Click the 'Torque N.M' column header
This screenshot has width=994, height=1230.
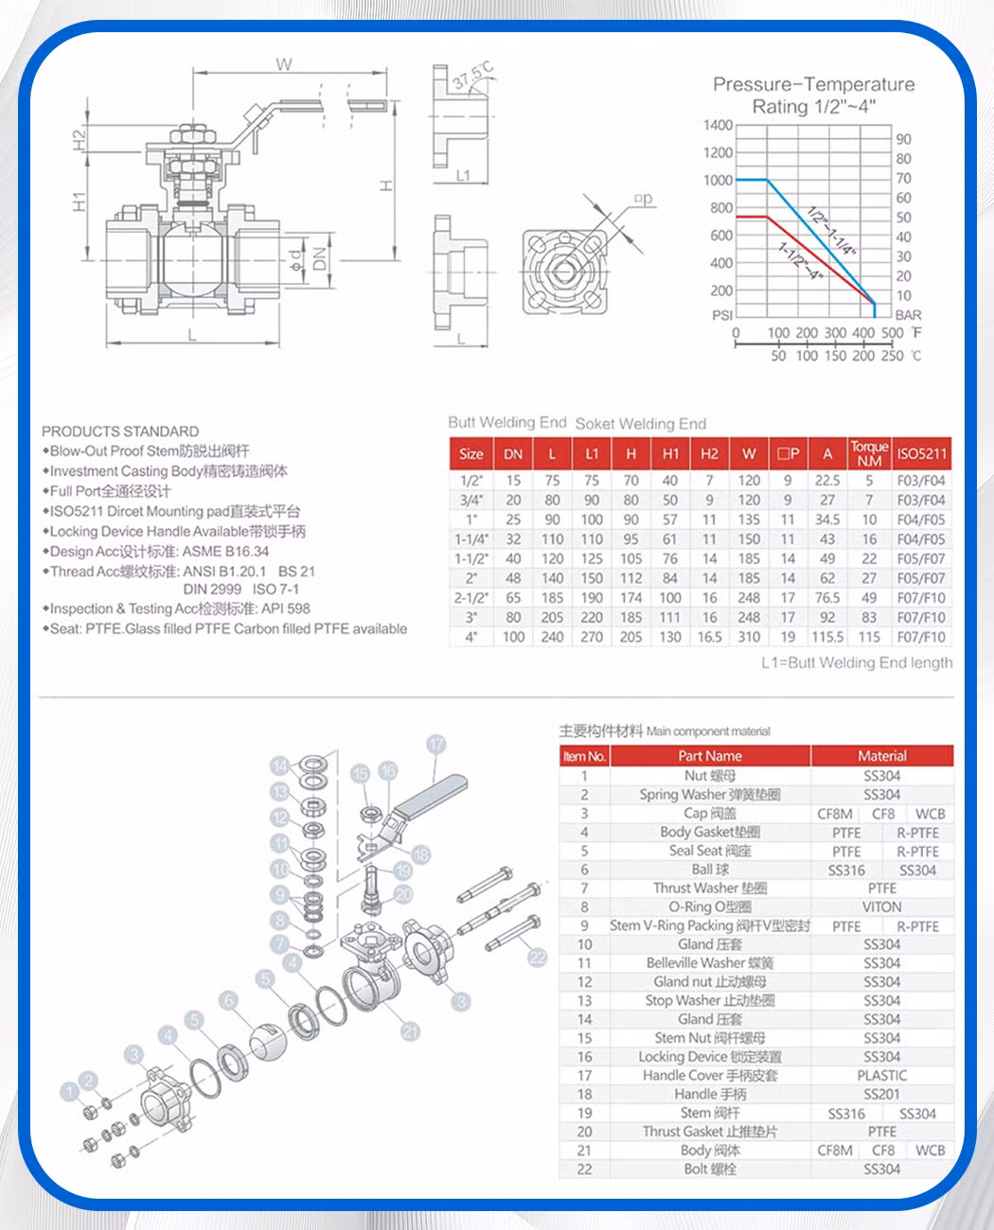click(869, 453)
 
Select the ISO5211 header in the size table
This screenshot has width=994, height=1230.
click(921, 453)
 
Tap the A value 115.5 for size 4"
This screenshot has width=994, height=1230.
click(827, 637)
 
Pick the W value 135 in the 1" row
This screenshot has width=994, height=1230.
click(749, 519)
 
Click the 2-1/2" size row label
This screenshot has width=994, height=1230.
click(471, 598)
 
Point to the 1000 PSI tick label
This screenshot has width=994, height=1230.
click(718, 180)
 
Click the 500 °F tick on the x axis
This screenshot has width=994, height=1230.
click(892, 333)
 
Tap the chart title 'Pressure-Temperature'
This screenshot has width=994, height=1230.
click(813, 84)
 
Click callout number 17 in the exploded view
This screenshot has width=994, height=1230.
click(435, 745)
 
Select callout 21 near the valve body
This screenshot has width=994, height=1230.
click(410, 1031)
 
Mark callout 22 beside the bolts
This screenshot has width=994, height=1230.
click(537, 957)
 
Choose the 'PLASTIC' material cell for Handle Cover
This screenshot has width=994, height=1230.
click(881, 1075)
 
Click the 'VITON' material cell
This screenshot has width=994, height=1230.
click(881, 906)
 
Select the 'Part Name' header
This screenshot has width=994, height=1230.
click(709, 756)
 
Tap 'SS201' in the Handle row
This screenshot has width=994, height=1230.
click(881, 1094)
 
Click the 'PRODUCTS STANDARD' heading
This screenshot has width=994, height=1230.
click(120, 430)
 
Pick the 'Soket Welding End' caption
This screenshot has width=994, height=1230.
click(640, 423)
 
